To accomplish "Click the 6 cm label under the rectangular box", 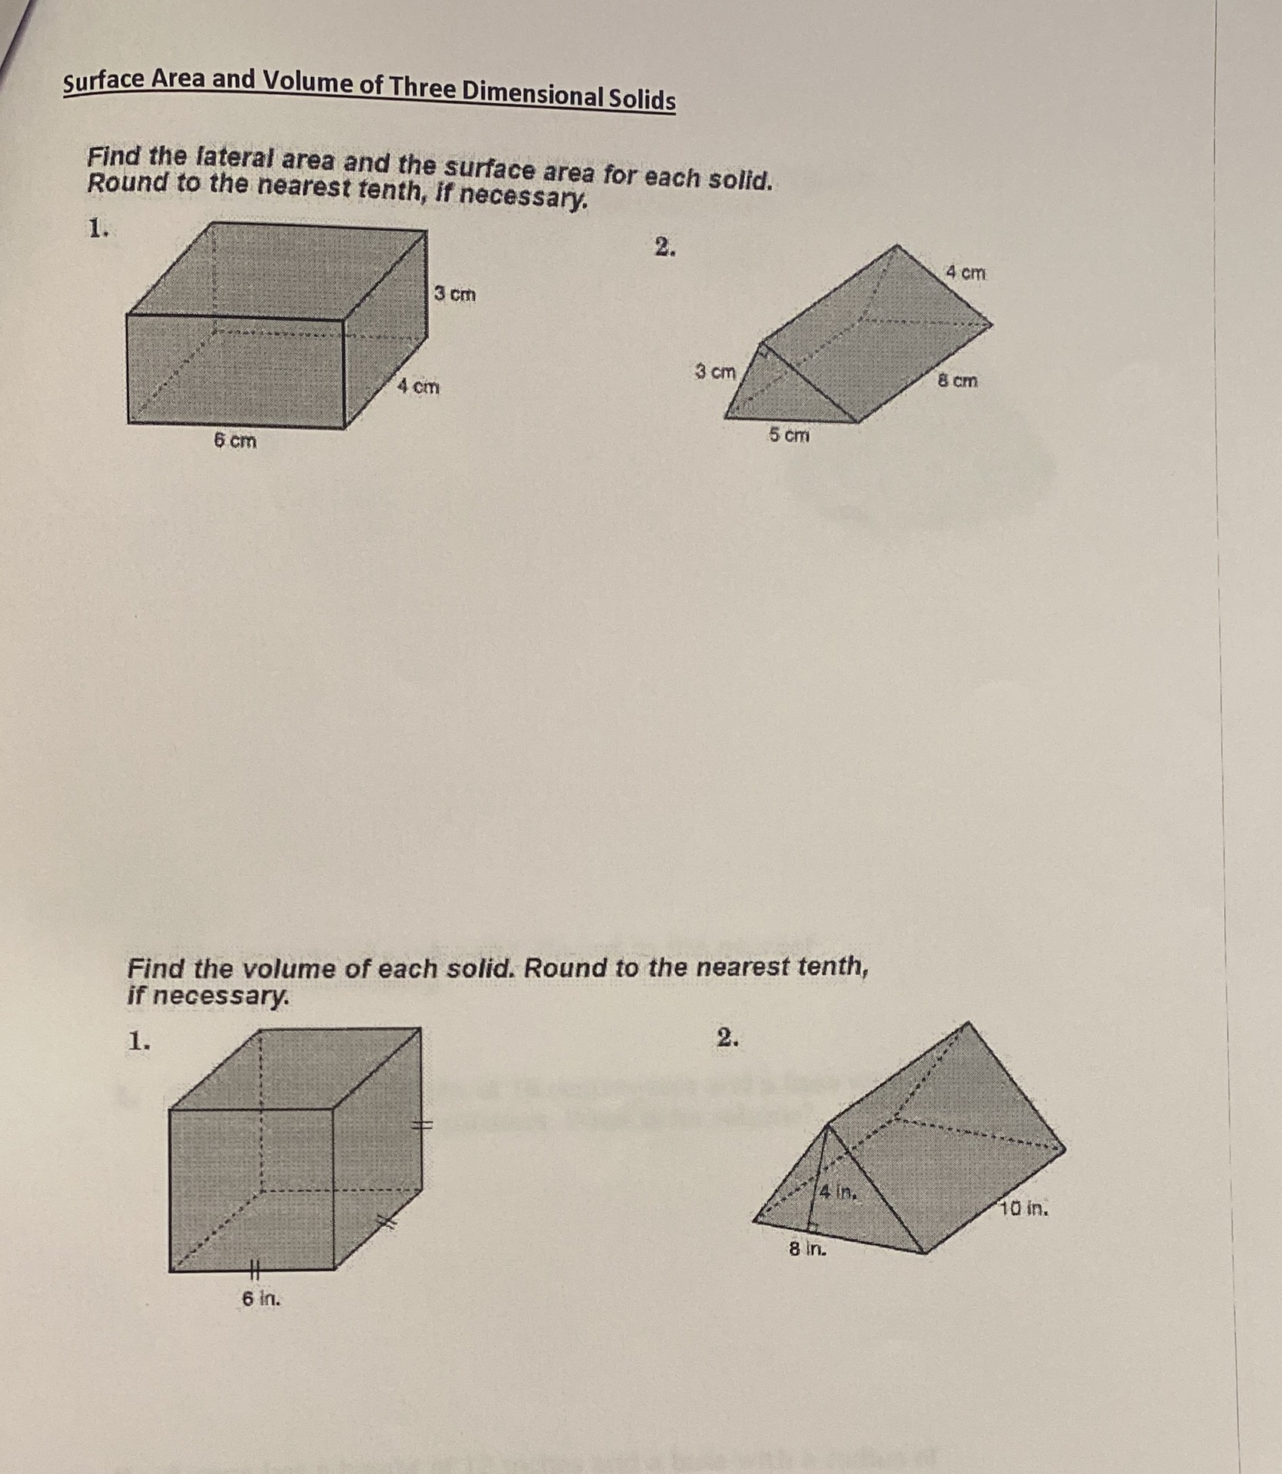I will tap(235, 441).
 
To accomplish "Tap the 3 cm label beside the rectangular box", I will tap(454, 294).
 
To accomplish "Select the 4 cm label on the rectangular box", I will tap(418, 386).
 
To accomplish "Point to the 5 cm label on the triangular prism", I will tap(789, 435).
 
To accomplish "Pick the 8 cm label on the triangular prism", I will tap(957, 381).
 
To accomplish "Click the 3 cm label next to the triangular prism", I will tap(715, 371).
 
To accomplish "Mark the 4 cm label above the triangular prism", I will tap(965, 272).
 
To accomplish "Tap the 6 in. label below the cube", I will tap(261, 1298).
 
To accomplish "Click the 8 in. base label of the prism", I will tap(807, 1249).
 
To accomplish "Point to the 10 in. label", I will tap(1024, 1209).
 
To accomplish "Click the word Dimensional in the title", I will tap(530, 93).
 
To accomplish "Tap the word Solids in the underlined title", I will tap(642, 99).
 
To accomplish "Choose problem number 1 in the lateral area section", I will tap(98, 229).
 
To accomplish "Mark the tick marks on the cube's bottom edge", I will tap(252, 1270).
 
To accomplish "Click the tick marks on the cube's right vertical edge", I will tap(422, 1125).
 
